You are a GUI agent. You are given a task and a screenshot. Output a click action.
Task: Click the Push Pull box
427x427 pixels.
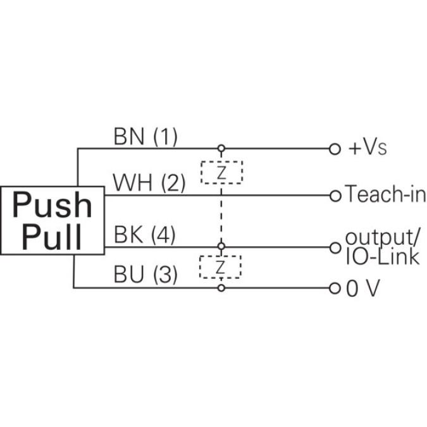click(x=53, y=221)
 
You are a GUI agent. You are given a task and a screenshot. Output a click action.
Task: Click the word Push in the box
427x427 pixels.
click(x=53, y=205)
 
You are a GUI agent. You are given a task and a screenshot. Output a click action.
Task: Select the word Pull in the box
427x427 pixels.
click(x=53, y=237)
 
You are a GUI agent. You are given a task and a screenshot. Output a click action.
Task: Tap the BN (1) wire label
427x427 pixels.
click(x=145, y=136)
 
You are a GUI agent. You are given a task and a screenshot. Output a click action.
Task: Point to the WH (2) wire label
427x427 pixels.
click(x=149, y=183)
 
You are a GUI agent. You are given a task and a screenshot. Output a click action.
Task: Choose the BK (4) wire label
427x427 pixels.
click(x=145, y=235)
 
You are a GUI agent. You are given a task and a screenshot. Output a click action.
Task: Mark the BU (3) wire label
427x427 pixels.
click(x=145, y=275)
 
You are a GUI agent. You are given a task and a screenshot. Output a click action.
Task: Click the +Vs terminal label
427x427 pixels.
click(x=368, y=149)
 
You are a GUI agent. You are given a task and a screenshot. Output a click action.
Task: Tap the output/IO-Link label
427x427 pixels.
click(x=382, y=246)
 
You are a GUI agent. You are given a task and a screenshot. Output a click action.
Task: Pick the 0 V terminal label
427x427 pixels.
click(x=363, y=288)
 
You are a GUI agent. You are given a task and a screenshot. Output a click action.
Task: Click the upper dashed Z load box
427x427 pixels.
click(x=221, y=172)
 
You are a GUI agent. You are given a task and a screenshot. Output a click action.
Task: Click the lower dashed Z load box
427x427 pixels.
click(x=220, y=267)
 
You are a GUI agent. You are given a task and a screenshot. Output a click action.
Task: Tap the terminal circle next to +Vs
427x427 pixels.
click(x=335, y=149)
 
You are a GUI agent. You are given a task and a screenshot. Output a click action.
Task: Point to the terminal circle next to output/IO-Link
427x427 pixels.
click(x=335, y=247)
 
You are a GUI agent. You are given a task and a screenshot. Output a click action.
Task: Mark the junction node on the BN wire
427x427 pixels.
click(x=221, y=149)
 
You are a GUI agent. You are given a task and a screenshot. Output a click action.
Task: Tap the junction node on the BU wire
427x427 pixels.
click(x=221, y=288)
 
